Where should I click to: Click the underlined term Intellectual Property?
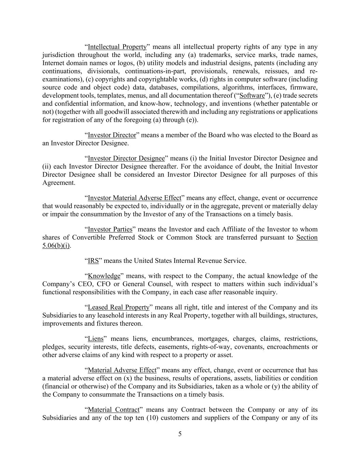(x=117, y=47)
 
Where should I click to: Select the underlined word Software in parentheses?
(x=252, y=96)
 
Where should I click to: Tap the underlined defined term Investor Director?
(x=112, y=135)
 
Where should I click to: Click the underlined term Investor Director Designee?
(x=126, y=158)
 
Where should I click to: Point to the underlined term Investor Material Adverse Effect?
(x=134, y=198)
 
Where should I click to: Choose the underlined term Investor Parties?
(x=110, y=229)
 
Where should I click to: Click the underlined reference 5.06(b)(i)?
(x=56, y=246)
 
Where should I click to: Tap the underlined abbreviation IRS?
(x=93, y=261)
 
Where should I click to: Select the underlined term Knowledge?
(x=104, y=276)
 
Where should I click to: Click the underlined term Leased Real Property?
(x=118, y=307)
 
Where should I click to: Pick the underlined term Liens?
(x=96, y=339)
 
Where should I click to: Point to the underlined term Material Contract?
(x=114, y=410)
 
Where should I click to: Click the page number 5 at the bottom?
(x=180, y=434)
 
